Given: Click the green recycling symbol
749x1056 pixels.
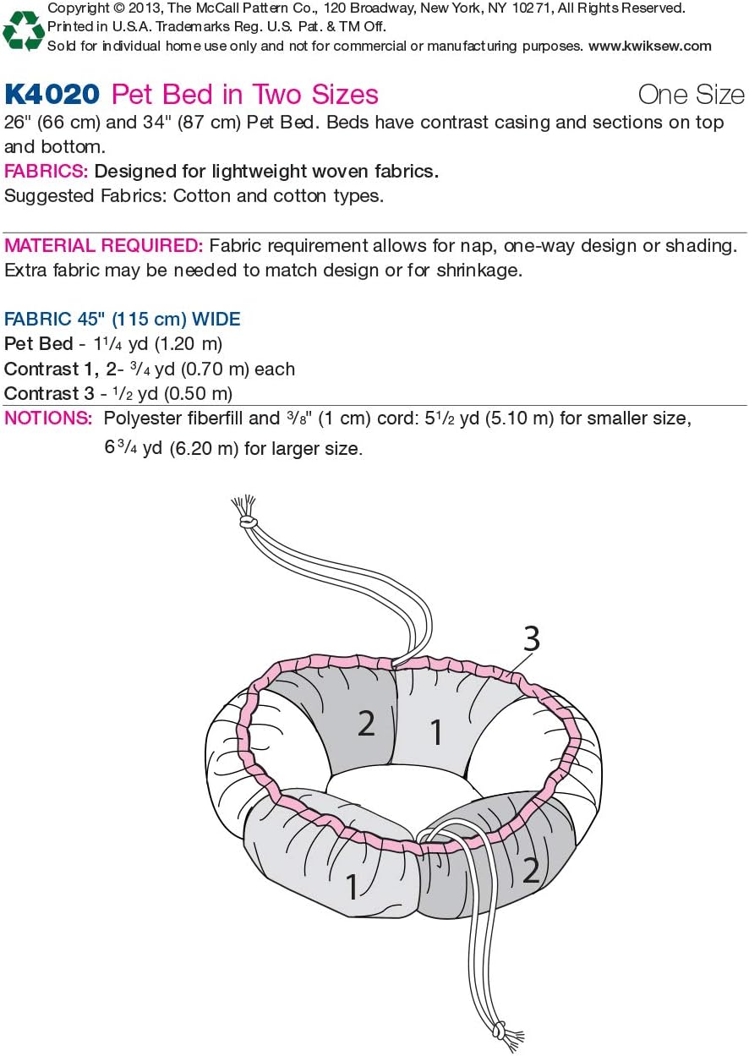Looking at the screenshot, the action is click(x=24, y=31).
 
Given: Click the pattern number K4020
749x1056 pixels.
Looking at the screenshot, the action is click(x=52, y=95).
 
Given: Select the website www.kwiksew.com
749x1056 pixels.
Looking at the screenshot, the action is click(x=650, y=47).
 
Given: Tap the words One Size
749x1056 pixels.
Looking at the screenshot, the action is click(x=692, y=95).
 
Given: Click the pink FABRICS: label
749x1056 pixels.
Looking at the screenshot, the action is click(x=46, y=171).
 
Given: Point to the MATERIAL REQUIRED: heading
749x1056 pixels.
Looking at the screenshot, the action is click(x=104, y=246).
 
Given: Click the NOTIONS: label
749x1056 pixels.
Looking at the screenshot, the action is click(x=48, y=419).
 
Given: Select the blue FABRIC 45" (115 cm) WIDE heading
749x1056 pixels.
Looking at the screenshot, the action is click(x=122, y=319).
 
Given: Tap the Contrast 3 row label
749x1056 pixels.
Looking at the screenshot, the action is click(x=49, y=394).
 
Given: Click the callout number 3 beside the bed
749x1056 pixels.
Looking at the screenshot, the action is click(x=532, y=639).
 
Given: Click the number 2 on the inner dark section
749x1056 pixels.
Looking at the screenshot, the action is click(x=366, y=723).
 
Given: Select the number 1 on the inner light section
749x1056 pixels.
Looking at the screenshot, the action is click(x=437, y=732).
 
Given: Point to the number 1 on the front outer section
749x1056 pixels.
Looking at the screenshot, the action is click(x=353, y=886).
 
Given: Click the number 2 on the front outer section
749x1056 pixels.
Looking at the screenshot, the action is click(x=531, y=870).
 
